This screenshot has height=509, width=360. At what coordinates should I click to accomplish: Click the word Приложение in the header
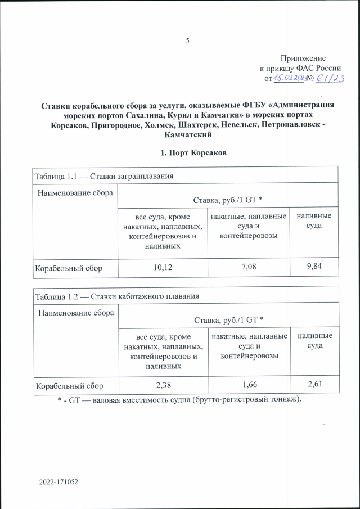(x=303, y=58)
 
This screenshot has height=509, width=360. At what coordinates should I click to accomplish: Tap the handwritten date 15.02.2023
(x=289, y=79)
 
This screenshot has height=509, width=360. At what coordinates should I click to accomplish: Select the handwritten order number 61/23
(x=331, y=79)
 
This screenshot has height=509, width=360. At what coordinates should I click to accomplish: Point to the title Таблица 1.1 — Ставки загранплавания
(x=103, y=175)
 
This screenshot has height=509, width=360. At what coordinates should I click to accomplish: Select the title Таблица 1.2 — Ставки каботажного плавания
(x=118, y=295)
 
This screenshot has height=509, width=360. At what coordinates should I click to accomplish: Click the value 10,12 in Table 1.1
(x=163, y=268)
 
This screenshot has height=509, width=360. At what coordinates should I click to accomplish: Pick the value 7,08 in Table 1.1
(x=247, y=268)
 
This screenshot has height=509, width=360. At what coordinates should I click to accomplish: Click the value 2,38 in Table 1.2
(x=163, y=386)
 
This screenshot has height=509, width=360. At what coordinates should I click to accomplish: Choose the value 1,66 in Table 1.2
(x=247, y=386)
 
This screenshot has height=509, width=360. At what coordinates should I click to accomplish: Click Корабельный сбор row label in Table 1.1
(x=69, y=268)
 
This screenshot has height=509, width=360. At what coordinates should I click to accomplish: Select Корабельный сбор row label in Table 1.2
(x=69, y=387)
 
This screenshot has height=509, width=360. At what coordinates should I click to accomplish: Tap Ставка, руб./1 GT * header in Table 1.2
(x=228, y=319)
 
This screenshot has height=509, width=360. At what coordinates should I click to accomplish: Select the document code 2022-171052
(x=58, y=483)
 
